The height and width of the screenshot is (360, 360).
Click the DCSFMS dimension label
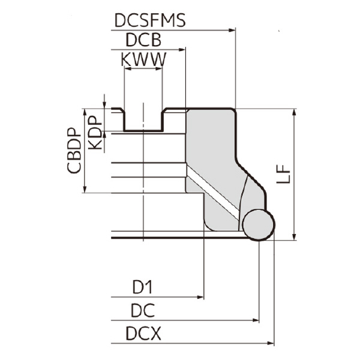pos(149,21)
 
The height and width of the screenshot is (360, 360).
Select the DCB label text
pos(143,40)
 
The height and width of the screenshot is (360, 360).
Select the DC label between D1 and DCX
pos(142,311)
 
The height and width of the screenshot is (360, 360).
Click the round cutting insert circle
pos(259,224)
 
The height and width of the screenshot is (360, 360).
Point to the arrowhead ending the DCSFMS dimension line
pos(231,30)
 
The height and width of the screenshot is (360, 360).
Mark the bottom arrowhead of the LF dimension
pos(294,235)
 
